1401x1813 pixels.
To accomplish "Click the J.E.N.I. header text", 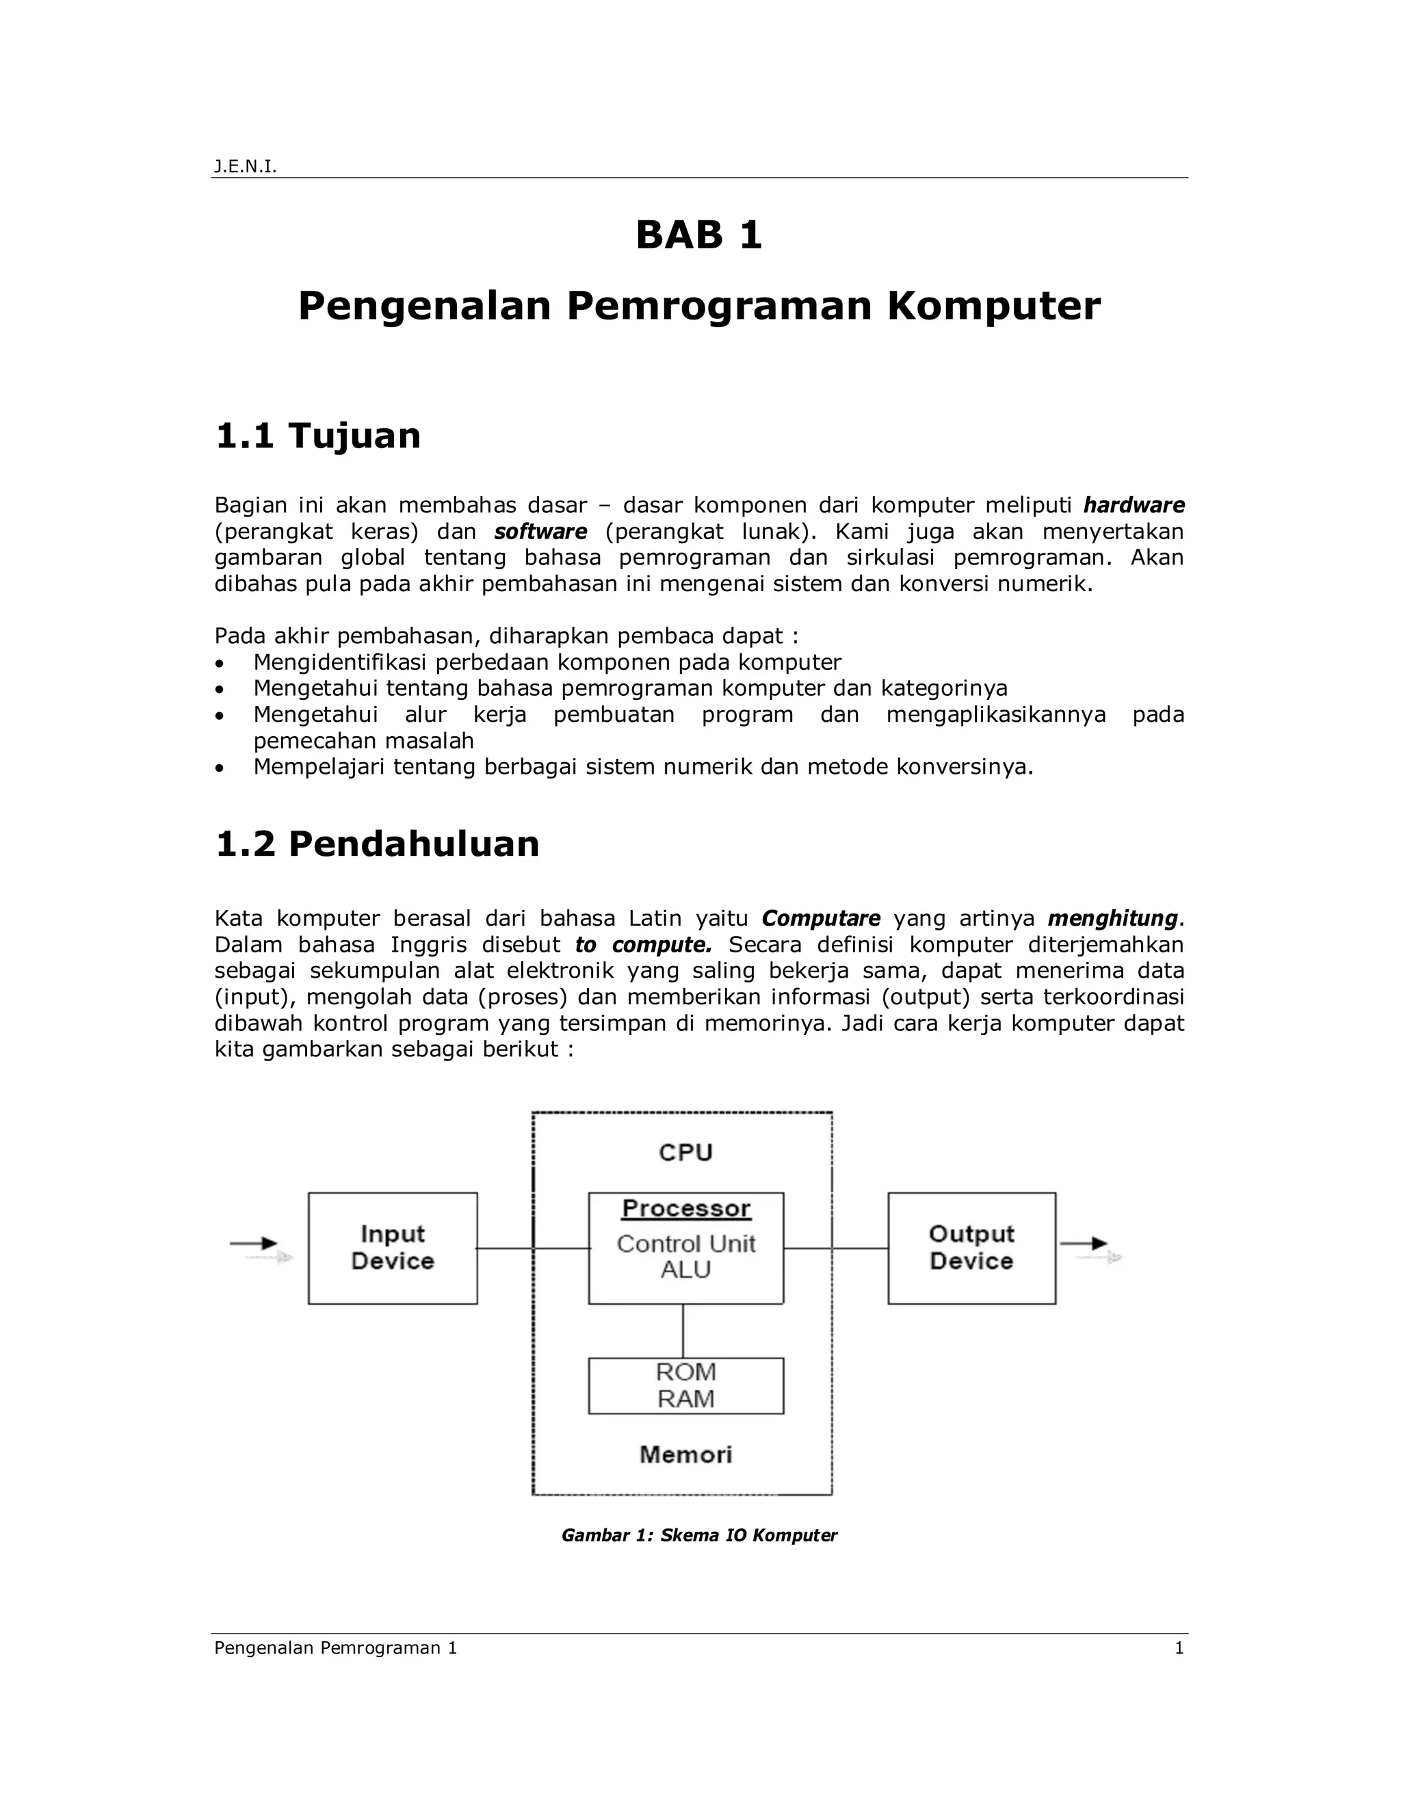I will [245, 167].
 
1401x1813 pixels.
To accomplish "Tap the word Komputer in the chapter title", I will [993, 306].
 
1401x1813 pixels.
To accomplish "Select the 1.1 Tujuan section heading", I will [318, 436].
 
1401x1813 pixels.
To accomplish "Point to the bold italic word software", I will [540, 532].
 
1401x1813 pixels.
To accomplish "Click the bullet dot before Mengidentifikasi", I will [219, 663].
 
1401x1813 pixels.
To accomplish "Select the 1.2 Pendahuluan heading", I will [377, 844].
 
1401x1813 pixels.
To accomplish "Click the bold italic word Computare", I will [820, 919].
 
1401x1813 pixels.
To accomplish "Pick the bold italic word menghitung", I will [1112, 919].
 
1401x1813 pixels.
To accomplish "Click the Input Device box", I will [393, 1248].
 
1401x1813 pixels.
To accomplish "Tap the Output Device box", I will [971, 1248].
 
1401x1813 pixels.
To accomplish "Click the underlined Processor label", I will [685, 1209].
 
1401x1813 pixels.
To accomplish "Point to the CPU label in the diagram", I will [685, 1152].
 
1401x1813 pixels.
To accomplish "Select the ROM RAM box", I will [685, 1385].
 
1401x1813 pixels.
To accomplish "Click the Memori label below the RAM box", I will [685, 1454].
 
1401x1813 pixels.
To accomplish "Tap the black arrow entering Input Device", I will [253, 1244].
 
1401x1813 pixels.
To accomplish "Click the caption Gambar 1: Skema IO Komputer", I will [699, 1535].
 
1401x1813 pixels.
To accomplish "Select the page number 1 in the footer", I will [1179, 1648].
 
